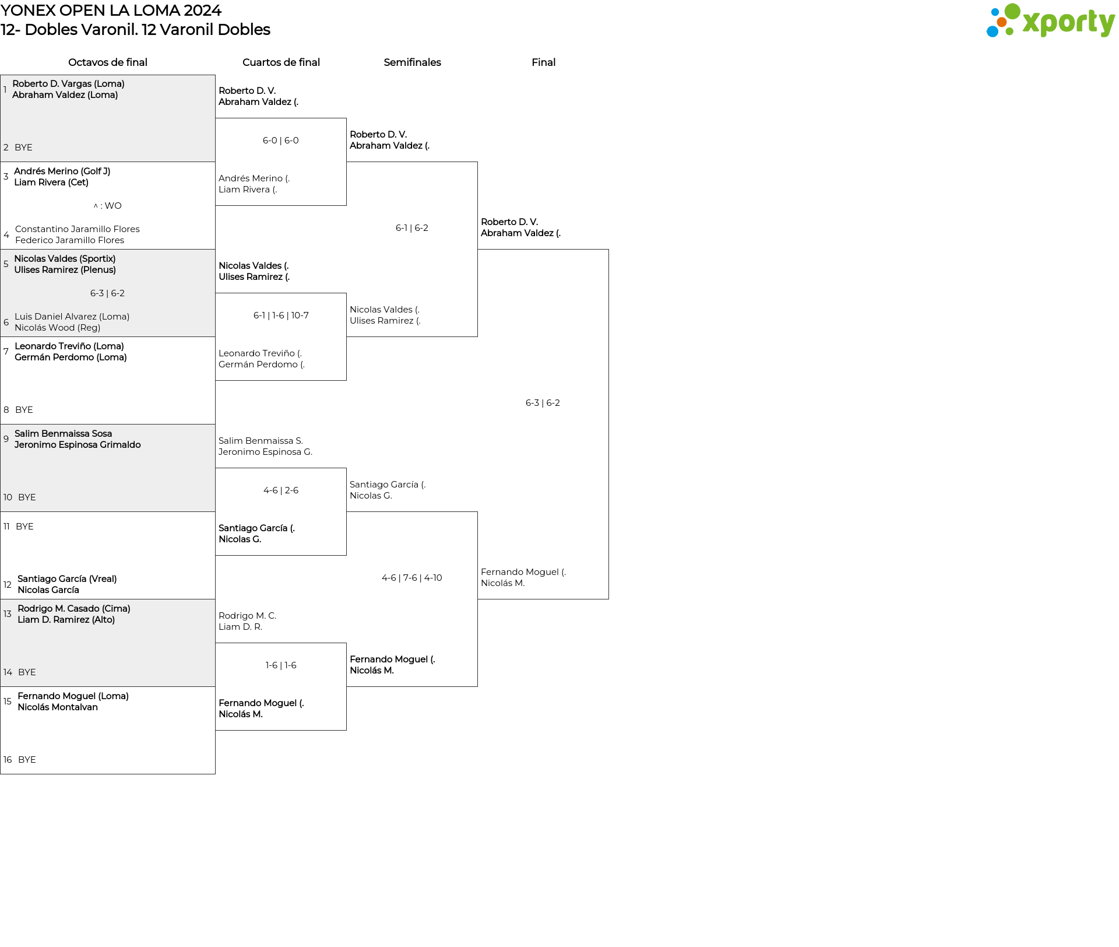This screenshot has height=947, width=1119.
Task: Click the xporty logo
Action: (1050, 21)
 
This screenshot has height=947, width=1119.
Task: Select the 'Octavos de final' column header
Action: (108, 62)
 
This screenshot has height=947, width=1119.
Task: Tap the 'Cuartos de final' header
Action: (281, 62)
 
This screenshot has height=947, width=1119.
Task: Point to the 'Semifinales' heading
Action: (412, 62)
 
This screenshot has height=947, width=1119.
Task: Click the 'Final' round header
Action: (543, 62)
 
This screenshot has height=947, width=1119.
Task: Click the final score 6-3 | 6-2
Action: (543, 403)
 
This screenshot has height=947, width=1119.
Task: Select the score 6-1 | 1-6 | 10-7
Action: (281, 315)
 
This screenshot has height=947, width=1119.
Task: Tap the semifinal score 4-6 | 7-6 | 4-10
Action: (412, 578)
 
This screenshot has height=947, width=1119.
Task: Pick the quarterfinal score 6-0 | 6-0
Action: (281, 141)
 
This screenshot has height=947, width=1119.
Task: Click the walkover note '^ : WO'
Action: (108, 206)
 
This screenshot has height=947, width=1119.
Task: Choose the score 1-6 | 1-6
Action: (281, 665)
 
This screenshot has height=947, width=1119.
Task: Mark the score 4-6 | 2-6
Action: (281, 490)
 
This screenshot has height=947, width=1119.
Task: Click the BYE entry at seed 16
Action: (27, 760)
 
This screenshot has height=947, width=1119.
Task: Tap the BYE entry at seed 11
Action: (24, 527)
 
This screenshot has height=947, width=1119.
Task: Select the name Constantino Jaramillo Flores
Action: (78, 229)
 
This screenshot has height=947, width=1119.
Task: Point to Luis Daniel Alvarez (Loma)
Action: (72, 317)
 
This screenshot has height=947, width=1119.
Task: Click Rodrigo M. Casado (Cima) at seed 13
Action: (74, 609)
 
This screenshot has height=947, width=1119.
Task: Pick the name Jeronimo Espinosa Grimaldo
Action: (78, 445)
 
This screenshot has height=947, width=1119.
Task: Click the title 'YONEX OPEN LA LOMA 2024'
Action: (111, 10)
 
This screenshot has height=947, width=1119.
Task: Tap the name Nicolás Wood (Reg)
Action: (58, 328)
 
